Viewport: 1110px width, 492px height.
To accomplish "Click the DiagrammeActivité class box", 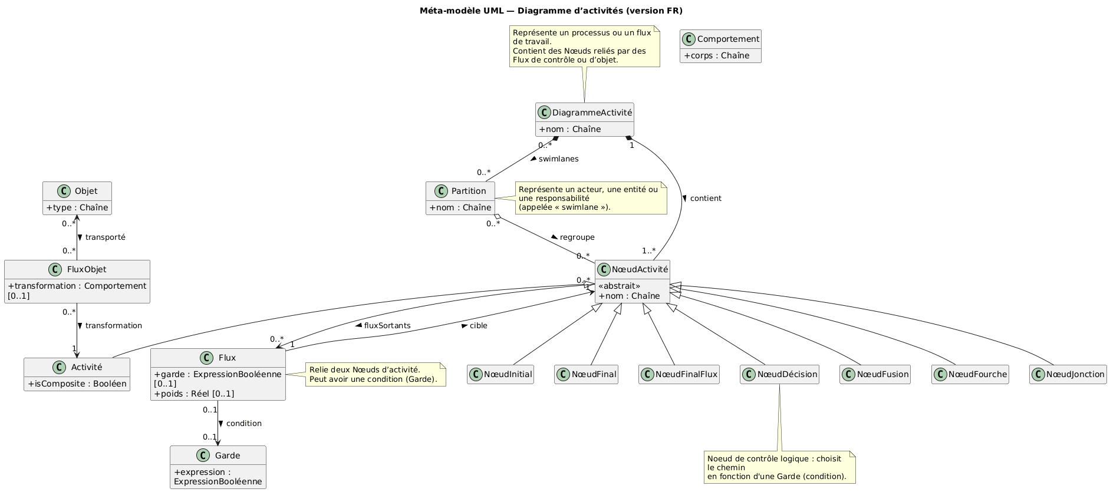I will click(x=585, y=120).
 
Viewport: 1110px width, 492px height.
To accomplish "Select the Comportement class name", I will click(x=728, y=39).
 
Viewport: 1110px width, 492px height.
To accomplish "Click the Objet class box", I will click(x=77, y=198).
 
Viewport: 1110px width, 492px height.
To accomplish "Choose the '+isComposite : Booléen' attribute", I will click(x=77, y=384).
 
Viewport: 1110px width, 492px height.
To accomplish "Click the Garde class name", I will click(x=228, y=455).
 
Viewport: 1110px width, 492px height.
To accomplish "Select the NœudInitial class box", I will click(x=500, y=375).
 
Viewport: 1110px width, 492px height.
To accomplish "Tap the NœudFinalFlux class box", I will click(x=679, y=375).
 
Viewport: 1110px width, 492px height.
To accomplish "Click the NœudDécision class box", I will click(x=779, y=375).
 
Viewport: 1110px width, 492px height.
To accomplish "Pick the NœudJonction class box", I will click(x=1068, y=375).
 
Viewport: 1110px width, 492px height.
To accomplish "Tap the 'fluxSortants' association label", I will click(x=387, y=326).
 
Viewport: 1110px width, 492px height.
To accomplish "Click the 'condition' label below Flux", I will click(x=243, y=424).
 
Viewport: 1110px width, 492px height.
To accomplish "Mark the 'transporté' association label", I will click(x=105, y=237).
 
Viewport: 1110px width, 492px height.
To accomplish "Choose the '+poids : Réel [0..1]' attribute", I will click(x=194, y=394).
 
